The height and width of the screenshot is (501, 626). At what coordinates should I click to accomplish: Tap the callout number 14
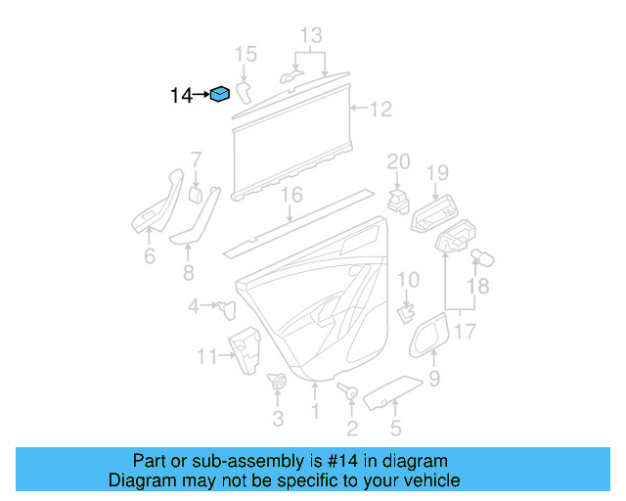point(181,95)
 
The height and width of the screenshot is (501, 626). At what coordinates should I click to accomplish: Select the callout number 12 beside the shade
point(380,109)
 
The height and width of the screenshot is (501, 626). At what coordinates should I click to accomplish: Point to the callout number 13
point(310,36)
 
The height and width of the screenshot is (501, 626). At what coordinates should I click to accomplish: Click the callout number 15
point(246,53)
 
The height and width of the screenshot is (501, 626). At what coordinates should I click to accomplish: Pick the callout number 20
point(398,161)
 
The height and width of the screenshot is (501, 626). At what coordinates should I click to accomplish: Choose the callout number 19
point(436,173)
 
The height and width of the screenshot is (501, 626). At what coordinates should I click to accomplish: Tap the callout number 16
point(291,196)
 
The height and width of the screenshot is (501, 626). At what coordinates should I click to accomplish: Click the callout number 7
point(196,159)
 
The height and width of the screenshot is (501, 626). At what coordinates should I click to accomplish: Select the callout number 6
point(149,256)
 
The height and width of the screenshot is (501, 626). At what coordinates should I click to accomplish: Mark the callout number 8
point(189,272)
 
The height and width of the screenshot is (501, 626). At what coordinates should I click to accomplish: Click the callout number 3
point(277,419)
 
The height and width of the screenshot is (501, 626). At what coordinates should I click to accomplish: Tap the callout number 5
point(395,427)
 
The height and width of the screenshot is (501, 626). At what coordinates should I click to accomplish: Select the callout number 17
point(465,332)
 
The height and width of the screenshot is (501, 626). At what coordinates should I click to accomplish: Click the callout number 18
point(476,286)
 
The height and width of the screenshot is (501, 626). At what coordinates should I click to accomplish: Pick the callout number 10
point(408,281)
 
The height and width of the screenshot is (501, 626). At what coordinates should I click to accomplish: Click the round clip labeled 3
point(277,383)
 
